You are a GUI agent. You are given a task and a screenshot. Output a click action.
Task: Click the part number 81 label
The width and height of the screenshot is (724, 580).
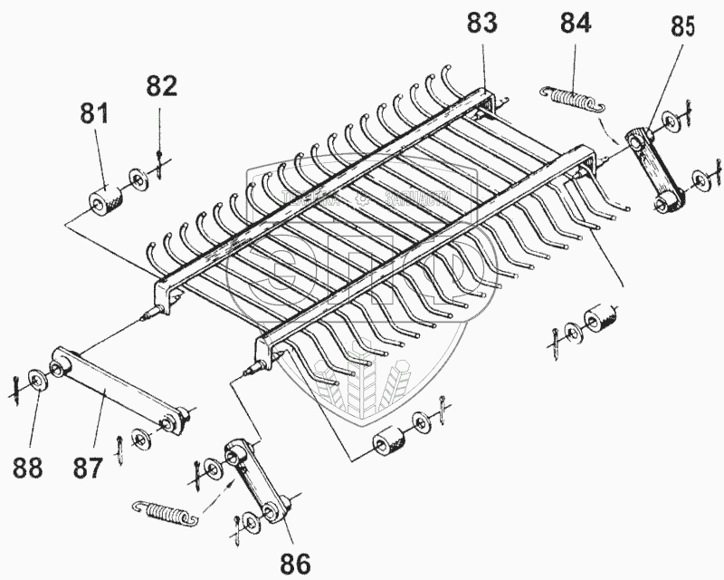tap(94, 115)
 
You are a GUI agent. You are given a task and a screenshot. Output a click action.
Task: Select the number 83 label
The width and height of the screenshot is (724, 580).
tap(482, 24)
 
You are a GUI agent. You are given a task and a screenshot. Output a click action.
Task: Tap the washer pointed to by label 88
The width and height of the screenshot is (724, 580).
tap(38, 377)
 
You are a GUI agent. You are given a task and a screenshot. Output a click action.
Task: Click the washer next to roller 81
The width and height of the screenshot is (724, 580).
tap(138, 179)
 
